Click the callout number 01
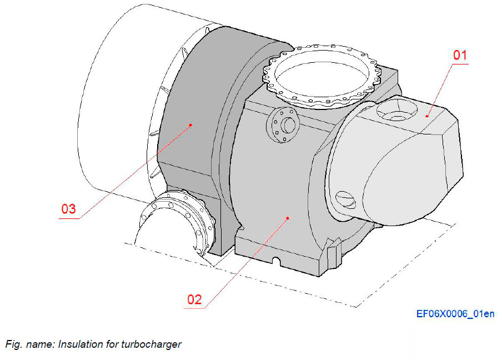(460, 56)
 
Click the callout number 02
(194, 299)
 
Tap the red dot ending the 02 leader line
(288, 218)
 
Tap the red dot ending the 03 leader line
(190, 125)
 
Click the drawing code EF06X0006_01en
(455, 314)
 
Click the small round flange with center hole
(284, 124)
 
